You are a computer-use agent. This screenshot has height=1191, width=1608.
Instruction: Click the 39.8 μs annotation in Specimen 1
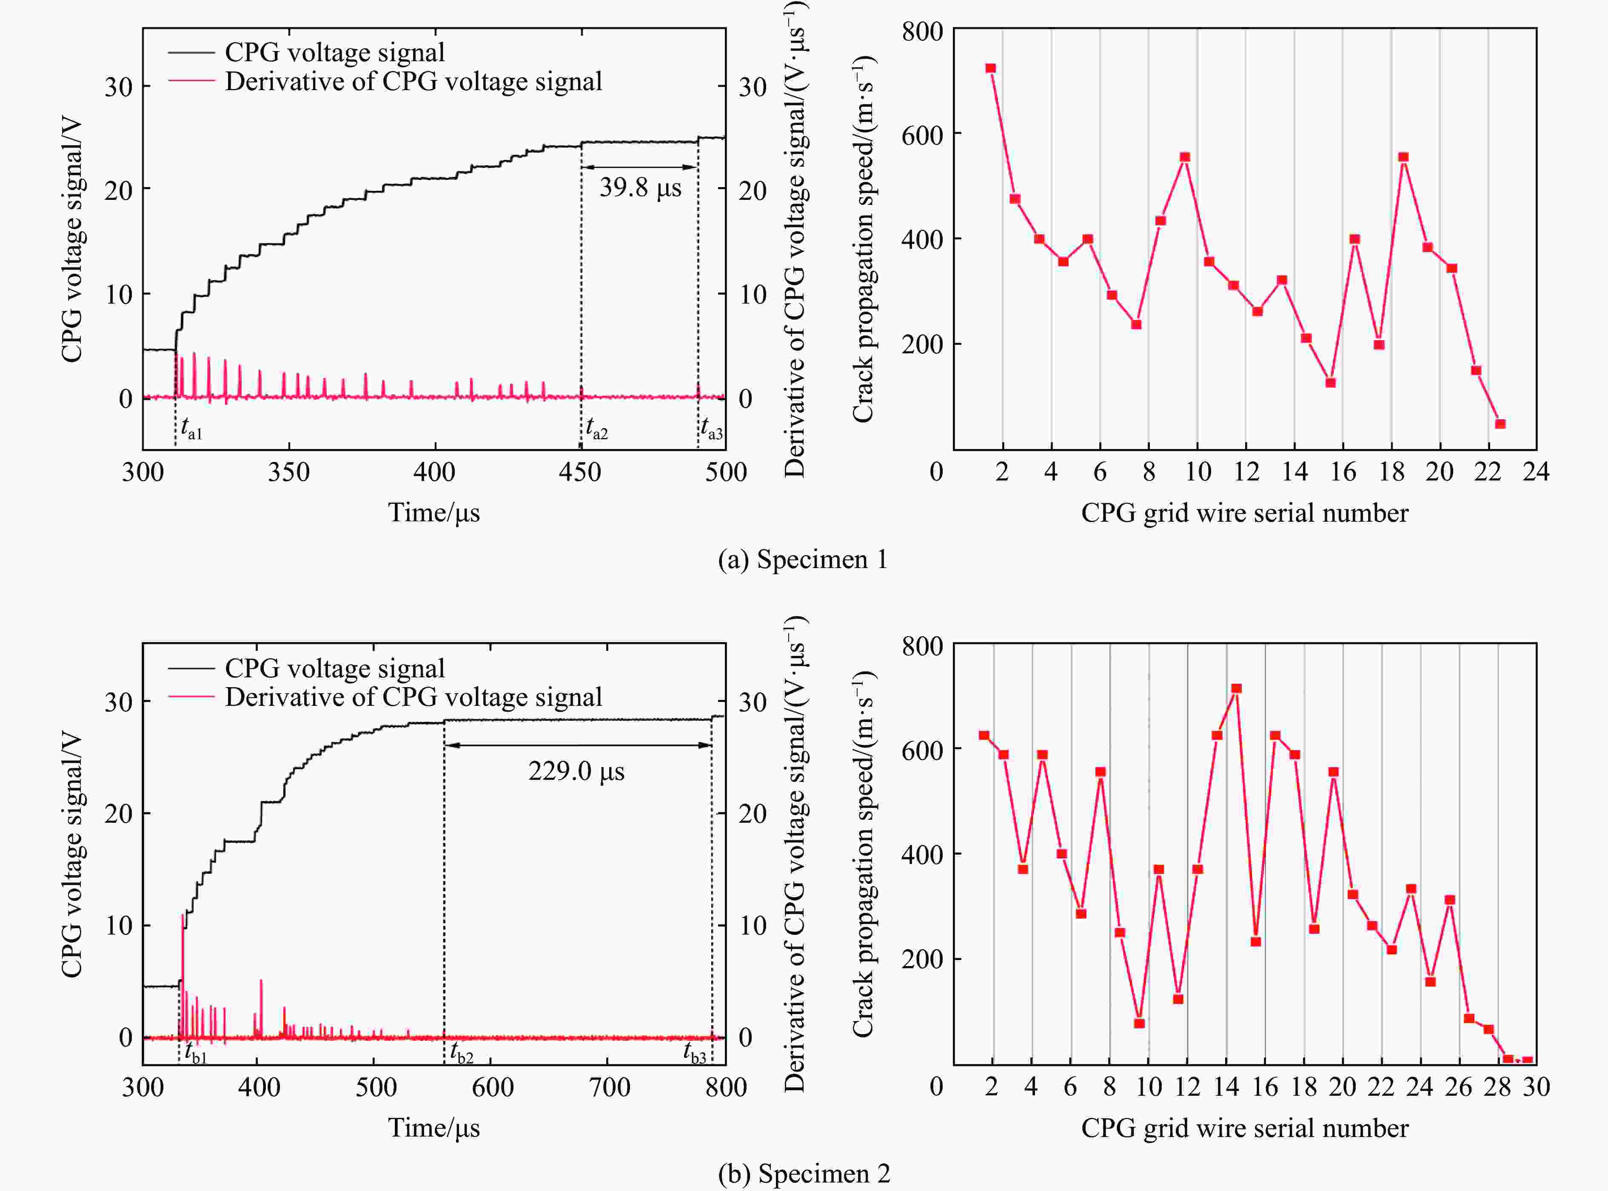[x=640, y=188]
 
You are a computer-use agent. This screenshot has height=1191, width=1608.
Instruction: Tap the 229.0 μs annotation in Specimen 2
[x=576, y=771]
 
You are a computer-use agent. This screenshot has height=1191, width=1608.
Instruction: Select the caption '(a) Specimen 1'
[x=803, y=560]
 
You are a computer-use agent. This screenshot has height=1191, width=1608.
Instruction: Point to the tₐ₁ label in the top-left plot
[x=191, y=430]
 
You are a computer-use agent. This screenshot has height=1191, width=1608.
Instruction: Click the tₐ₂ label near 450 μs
[x=596, y=430]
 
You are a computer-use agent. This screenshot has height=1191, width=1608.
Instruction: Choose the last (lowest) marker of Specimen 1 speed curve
[x=1500, y=424]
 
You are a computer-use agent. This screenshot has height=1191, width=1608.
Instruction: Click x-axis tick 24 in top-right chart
[x=1536, y=472]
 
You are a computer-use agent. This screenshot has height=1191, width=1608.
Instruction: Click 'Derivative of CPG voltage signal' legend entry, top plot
[x=413, y=82]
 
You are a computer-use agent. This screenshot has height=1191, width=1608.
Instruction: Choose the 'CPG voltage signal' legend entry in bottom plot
[x=335, y=668]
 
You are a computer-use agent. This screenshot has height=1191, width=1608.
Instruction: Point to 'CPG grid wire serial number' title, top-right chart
[x=1245, y=513]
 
